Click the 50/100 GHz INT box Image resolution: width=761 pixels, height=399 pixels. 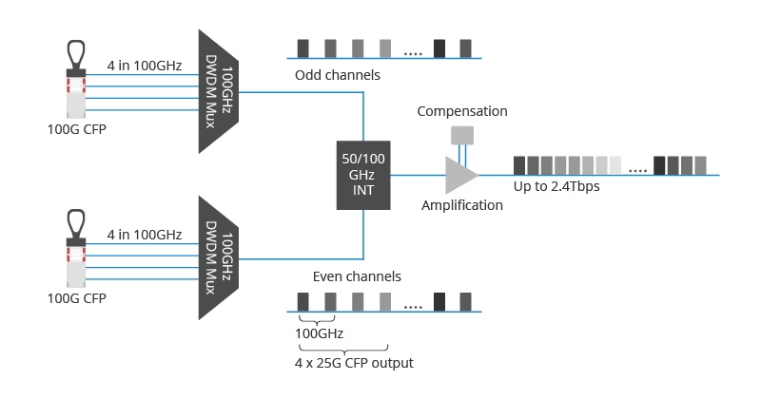pyautogui.click(x=363, y=175)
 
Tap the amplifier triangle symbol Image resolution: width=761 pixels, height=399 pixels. pyautogui.click(x=460, y=175)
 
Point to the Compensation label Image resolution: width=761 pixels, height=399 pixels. pyautogui.click(x=461, y=111)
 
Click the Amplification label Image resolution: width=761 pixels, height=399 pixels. pyautogui.click(x=462, y=205)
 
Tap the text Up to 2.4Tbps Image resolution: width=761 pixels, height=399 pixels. pyautogui.click(x=556, y=186)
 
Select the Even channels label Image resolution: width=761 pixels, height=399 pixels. pyautogui.click(x=357, y=276)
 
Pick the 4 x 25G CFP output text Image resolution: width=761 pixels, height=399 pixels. pyautogui.click(x=354, y=363)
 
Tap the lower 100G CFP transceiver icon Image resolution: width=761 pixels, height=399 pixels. pyautogui.click(x=75, y=252)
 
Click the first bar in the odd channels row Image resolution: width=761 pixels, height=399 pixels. pyautogui.click(x=303, y=48)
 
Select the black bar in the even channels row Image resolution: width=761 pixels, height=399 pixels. pyautogui.click(x=439, y=302)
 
